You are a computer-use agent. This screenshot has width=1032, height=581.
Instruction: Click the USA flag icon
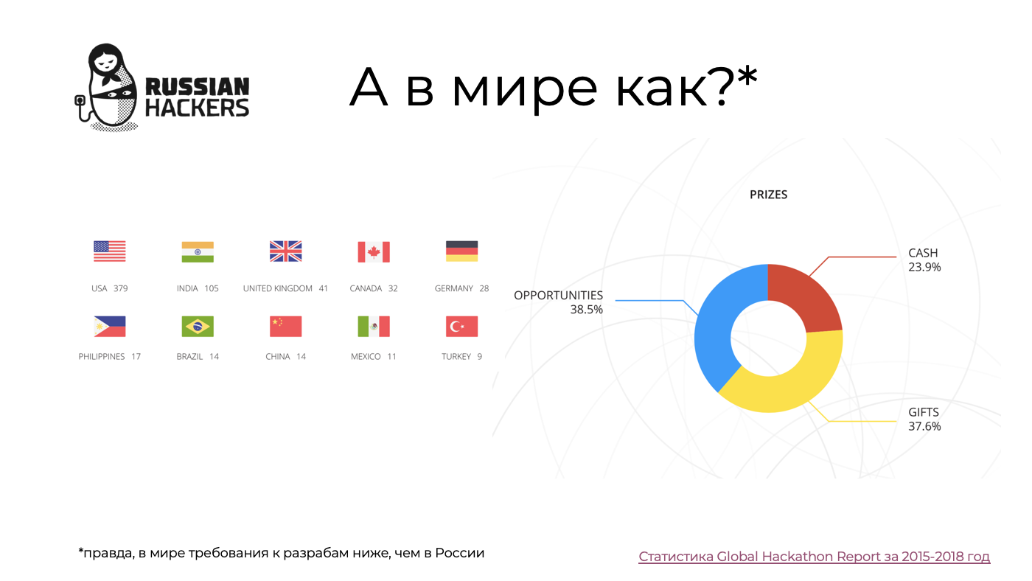[110, 251]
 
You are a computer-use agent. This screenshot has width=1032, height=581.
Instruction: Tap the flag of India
[198, 251]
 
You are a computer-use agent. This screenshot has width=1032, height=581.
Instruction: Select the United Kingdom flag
[286, 251]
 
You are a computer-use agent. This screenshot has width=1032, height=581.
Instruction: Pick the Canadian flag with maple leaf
[374, 251]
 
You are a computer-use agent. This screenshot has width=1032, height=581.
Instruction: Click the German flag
[461, 251]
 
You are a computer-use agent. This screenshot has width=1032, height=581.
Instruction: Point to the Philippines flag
[110, 326]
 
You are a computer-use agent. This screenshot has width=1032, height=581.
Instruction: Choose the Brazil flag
[198, 326]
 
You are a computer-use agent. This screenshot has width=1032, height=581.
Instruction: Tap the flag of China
[286, 326]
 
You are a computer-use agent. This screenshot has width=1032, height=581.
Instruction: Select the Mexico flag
[374, 326]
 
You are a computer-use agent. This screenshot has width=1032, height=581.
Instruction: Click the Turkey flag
[461, 326]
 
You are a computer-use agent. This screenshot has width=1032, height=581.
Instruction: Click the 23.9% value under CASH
[924, 267]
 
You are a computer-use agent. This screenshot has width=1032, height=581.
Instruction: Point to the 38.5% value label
[587, 310]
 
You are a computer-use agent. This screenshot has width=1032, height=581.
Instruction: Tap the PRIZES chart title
[768, 195]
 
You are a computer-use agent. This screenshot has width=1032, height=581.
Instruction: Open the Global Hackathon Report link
[814, 557]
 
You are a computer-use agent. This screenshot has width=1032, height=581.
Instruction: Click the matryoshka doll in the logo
[107, 86]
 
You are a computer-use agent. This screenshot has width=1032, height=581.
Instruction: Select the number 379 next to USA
[121, 288]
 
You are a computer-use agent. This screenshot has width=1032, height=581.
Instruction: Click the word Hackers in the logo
[198, 108]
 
